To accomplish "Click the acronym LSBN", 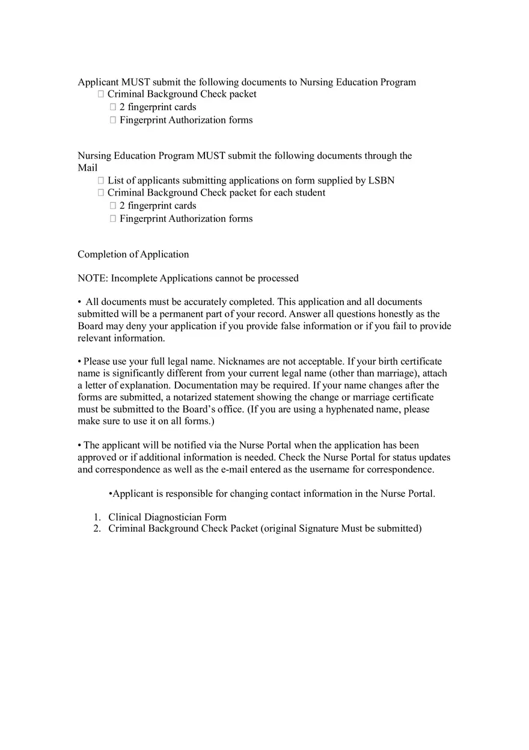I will point(381,180).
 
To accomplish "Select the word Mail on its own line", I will point(87,168).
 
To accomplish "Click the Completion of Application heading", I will point(133,254).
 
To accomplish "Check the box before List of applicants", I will point(101,180).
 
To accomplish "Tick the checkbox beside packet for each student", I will point(101,193).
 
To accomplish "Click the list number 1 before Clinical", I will point(96,517).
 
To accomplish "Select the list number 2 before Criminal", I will point(96,529).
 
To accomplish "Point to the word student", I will point(310,193).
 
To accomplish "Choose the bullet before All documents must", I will point(79,302).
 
